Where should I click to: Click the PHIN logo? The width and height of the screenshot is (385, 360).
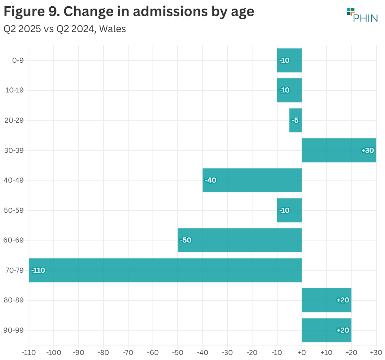tap(362, 15)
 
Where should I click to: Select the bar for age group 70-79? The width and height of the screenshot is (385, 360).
tap(165, 270)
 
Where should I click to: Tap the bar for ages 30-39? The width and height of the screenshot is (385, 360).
tap(339, 150)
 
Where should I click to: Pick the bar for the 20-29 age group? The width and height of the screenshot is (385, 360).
tap(295, 120)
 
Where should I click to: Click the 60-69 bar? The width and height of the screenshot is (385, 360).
tap(240, 240)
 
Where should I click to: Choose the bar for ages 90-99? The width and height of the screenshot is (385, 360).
tap(326, 330)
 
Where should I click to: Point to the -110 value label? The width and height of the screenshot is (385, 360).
tap(38, 270)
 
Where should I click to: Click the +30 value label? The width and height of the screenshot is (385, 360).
tap(367, 150)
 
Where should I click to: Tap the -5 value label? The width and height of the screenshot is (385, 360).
tap(295, 120)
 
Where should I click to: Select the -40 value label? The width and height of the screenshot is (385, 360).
tap(211, 180)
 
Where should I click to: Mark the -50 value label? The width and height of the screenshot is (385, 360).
tap(185, 240)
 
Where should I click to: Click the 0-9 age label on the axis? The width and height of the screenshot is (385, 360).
tap(18, 60)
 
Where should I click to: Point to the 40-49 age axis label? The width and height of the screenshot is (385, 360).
tap(15, 180)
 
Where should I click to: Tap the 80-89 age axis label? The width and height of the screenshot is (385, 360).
tap(15, 300)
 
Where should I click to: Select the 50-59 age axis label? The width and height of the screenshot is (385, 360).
tap(15, 210)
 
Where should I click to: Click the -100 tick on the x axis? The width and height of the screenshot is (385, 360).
tap(53, 353)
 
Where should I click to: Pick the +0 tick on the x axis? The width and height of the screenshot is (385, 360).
tap(301, 353)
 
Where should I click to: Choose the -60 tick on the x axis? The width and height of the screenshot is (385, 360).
tap(153, 353)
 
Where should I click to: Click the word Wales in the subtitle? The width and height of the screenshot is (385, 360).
tap(113, 29)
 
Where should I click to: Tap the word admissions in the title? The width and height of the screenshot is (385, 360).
tap(167, 12)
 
